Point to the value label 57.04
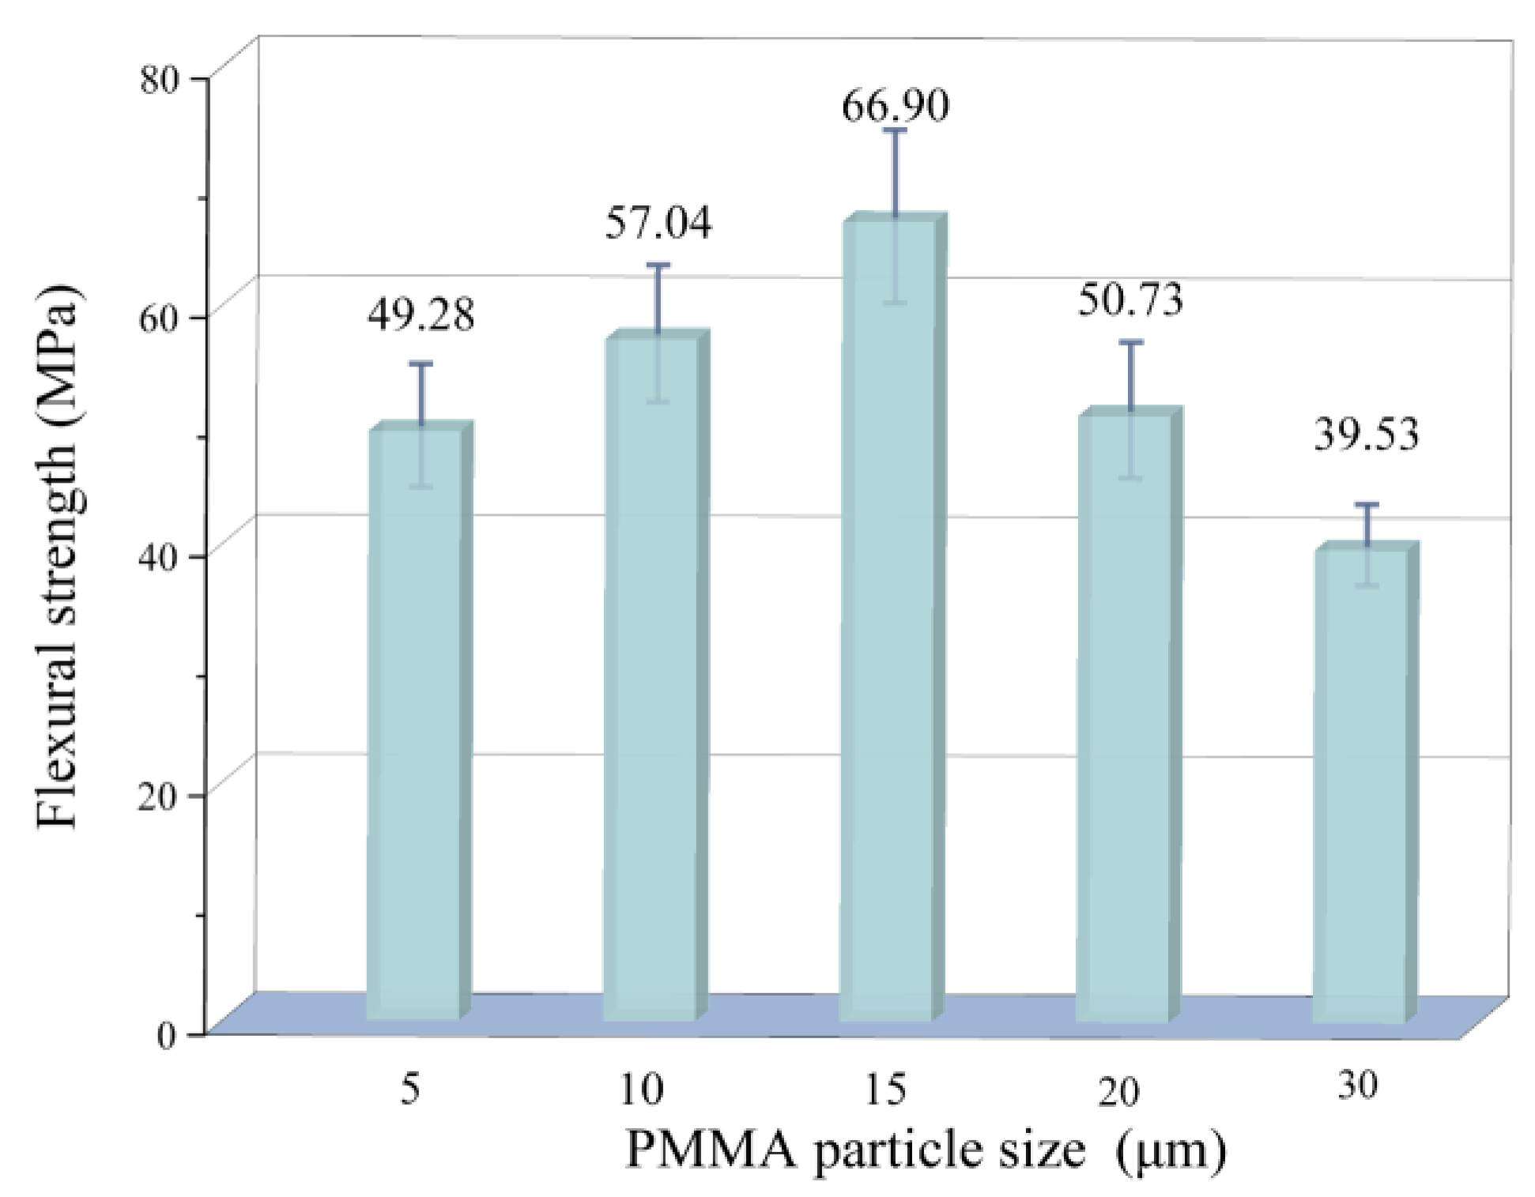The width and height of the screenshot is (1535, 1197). pyautogui.click(x=658, y=223)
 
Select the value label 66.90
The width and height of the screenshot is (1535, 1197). pyautogui.click(x=895, y=106)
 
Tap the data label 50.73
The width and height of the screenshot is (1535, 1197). pyautogui.click(x=1130, y=301)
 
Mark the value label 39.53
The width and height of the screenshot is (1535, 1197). pyautogui.click(x=1366, y=435)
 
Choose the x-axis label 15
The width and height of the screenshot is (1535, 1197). pyautogui.click(x=884, y=1090)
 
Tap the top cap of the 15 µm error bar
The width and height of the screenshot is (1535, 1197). pyautogui.click(x=895, y=130)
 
